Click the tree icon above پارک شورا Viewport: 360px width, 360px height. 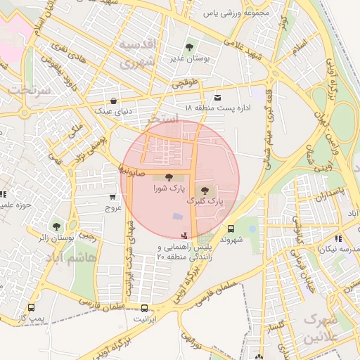point(167,176)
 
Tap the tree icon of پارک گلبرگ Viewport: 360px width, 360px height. point(205,189)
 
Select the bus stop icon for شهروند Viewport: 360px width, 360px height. point(231,229)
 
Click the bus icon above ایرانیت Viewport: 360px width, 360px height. point(145,308)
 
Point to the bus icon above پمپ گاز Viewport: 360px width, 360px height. point(31,308)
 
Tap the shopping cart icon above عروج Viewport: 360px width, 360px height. point(113,198)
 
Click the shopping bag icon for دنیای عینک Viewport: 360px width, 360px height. point(114,100)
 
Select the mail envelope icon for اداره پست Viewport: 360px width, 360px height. point(217,96)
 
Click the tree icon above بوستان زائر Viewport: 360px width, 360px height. point(56,226)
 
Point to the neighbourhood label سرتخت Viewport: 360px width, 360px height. point(30,91)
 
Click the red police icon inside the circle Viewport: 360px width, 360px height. point(184,236)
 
